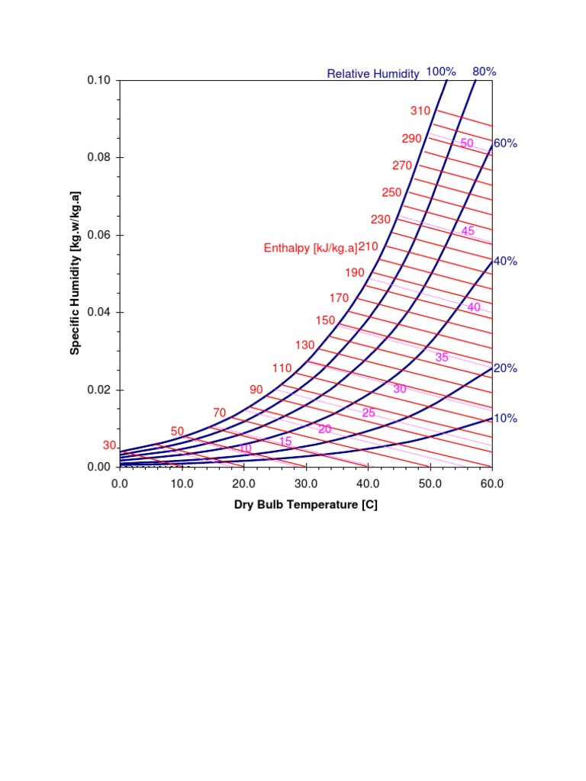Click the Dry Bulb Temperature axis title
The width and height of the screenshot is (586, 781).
point(306,505)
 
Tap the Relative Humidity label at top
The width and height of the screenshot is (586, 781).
point(373,74)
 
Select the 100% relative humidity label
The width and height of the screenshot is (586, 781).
point(441,72)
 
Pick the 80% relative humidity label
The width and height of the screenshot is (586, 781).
point(485,72)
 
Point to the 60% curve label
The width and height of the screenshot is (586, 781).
point(505,143)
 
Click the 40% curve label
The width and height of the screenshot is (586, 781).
point(505,261)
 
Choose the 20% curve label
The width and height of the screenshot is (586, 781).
point(505,368)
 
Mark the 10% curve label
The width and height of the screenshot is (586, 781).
point(505,418)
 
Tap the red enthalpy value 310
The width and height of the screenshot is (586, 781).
point(420,111)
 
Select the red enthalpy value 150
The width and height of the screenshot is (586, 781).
point(326,320)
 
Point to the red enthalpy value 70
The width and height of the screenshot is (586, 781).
point(220,413)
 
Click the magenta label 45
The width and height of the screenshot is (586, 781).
point(468,230)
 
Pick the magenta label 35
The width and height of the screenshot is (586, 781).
point(442,357)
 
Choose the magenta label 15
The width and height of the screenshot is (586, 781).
point(285,442)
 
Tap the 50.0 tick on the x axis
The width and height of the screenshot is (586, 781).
point(430,483)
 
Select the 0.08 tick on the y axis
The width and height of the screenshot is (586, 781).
point(99,157)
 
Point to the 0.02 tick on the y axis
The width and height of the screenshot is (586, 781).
point(99,390)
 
